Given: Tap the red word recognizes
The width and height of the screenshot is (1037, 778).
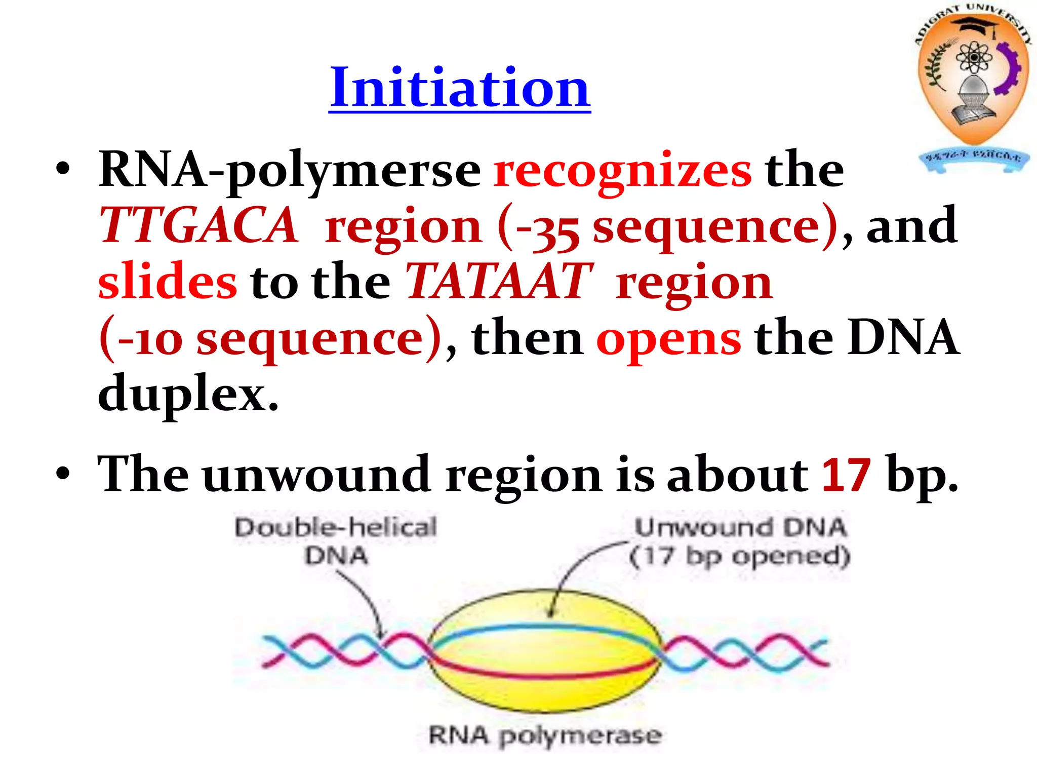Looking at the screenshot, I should (x=623, y=171).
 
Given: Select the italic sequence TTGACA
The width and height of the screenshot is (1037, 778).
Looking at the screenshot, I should (x=198, y=226).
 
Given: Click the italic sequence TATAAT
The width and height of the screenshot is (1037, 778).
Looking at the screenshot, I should (x=498, y=282).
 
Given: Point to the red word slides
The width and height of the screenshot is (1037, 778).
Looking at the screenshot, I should (x=167, y=282).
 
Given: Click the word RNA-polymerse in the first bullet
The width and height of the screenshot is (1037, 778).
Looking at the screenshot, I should (x=289, y=171).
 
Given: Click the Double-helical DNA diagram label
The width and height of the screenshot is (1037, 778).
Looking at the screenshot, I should (x=335, y=541).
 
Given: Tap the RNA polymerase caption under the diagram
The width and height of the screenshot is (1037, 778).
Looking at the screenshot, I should (x=545, y=735).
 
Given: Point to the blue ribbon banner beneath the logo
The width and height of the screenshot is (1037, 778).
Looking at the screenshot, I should (x=973, y=160).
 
